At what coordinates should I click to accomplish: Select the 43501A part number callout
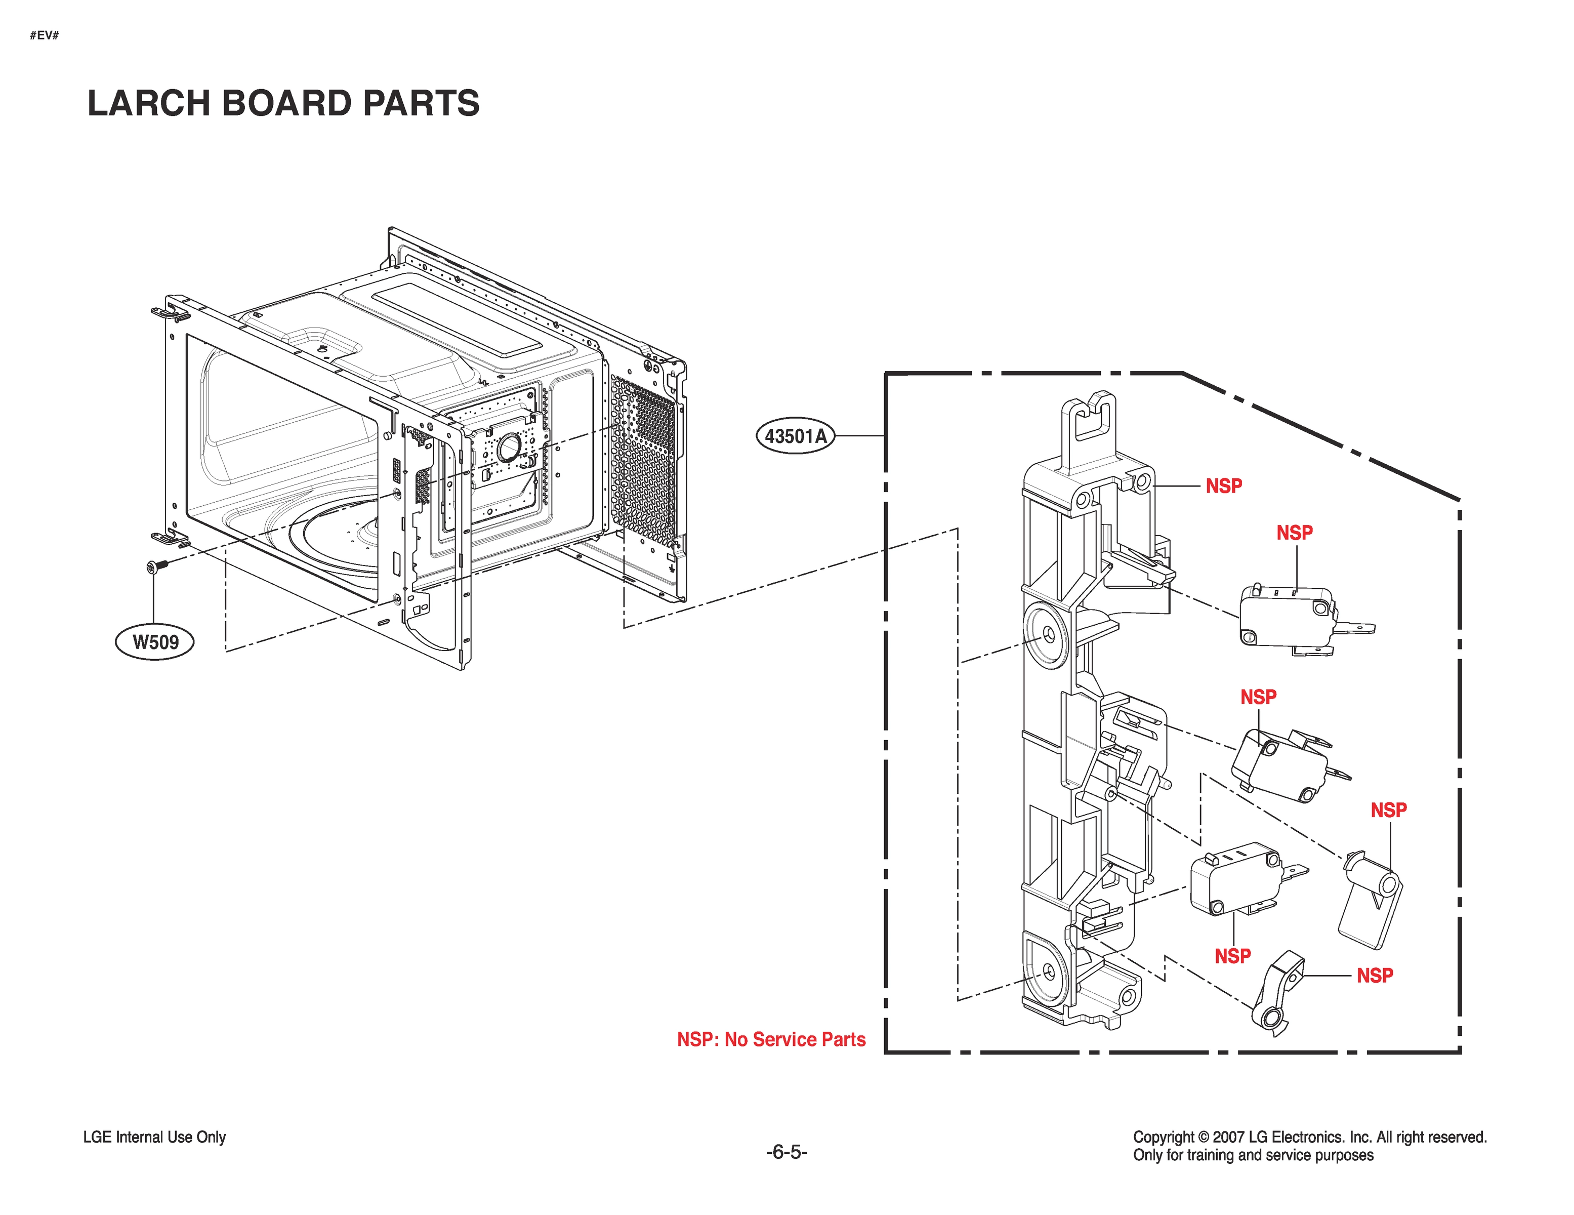(x=795, y=436)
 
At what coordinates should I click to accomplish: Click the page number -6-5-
(x=786, y=1152)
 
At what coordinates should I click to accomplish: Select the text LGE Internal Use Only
(x=154, y=1137)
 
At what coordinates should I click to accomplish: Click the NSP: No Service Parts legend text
(x=770, y=1039)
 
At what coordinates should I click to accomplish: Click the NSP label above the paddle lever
(x=1388, y=810)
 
